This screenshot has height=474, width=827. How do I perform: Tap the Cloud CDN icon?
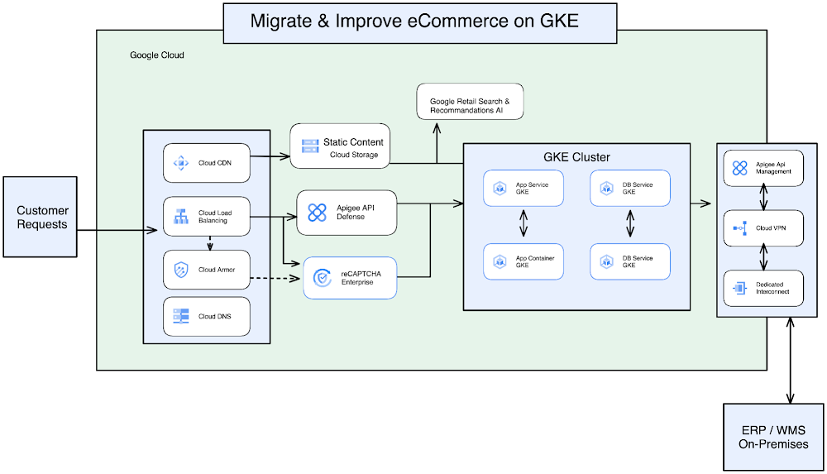click(180, 163)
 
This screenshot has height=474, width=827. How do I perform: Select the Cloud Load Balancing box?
click(206, 218)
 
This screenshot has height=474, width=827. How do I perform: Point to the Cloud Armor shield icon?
click(180, 270)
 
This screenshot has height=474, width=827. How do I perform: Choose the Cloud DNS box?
click(206, 316)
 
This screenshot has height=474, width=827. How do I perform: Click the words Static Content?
click(353, 142)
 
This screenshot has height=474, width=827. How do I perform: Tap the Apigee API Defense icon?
click(317, 213)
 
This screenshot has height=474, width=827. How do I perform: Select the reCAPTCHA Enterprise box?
click(350, 278)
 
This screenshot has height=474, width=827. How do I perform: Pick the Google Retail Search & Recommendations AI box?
click(470, 105)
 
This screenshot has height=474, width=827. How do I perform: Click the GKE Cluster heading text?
click(576, 156)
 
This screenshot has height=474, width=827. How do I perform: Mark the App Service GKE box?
click(523, 189)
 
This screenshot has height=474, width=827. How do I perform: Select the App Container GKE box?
click(523, 261)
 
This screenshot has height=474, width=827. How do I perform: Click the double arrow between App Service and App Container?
click(523, 224)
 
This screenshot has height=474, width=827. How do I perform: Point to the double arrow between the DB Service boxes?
click(630, 224)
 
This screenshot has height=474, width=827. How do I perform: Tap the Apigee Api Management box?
click(762, 169)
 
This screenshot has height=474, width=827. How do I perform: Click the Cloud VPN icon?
click(739, 228)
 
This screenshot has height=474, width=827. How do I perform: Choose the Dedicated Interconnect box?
click(762, 288)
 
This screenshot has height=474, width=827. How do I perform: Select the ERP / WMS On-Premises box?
click(773, 437)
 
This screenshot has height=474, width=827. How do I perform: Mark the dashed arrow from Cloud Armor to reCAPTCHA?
click(273, 277)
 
